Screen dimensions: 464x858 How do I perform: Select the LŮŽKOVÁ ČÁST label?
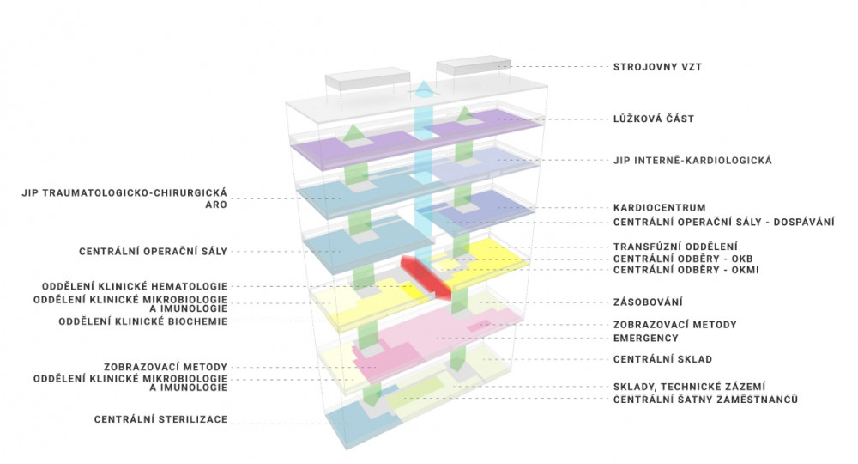coord(654,119)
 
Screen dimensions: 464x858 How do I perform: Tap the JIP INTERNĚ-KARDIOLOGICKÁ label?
coord(693,160)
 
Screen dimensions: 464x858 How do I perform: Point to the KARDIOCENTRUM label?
coord(660,208)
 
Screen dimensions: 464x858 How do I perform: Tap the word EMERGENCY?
coord(648,338)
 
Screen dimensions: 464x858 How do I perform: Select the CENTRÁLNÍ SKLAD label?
coord(663,358)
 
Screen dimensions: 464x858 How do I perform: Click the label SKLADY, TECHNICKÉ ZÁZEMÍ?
coord(690,387)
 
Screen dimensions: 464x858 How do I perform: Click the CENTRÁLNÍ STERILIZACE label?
coord(162,420)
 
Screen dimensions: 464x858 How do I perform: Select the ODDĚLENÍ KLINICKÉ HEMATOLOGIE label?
coord(134,286)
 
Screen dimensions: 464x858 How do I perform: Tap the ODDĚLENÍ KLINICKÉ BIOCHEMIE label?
coord(142,321)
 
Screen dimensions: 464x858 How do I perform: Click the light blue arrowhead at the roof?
coord(424,89)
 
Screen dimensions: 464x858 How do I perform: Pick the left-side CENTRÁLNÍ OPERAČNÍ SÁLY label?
coord(153,252)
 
